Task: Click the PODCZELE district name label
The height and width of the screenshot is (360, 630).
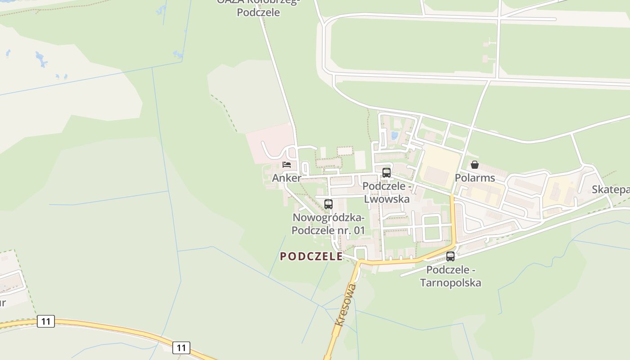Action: tap(311, 256)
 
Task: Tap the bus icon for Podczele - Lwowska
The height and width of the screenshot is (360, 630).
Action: tap(386, 172)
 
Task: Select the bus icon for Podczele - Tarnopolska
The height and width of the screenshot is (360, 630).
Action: tap(450, 256)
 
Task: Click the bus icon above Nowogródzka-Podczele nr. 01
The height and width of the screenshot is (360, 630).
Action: tap(328, 204)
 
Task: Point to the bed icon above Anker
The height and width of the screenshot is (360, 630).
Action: tap(287, 164)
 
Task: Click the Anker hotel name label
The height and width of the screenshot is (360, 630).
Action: tap(286, 178)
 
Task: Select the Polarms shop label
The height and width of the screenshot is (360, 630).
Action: tap(475, 178)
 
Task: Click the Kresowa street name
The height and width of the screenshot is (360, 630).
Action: tap(346, 304)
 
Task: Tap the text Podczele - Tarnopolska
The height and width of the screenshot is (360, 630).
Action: tap(450, 276)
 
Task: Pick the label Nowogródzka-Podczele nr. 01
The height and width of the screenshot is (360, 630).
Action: tap(328, 224)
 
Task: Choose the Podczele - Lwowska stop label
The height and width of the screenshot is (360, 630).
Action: tap(387, 193)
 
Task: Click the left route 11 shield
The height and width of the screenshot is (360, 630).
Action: tap(45, 321)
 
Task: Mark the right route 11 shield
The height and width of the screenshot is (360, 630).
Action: tap(181, 347)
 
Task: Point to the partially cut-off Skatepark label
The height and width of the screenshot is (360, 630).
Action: tap(611, 189)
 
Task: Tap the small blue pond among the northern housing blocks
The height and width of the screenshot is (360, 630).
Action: tap(395, 135)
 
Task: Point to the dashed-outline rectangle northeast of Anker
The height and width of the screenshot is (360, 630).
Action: tap(345, 151)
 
